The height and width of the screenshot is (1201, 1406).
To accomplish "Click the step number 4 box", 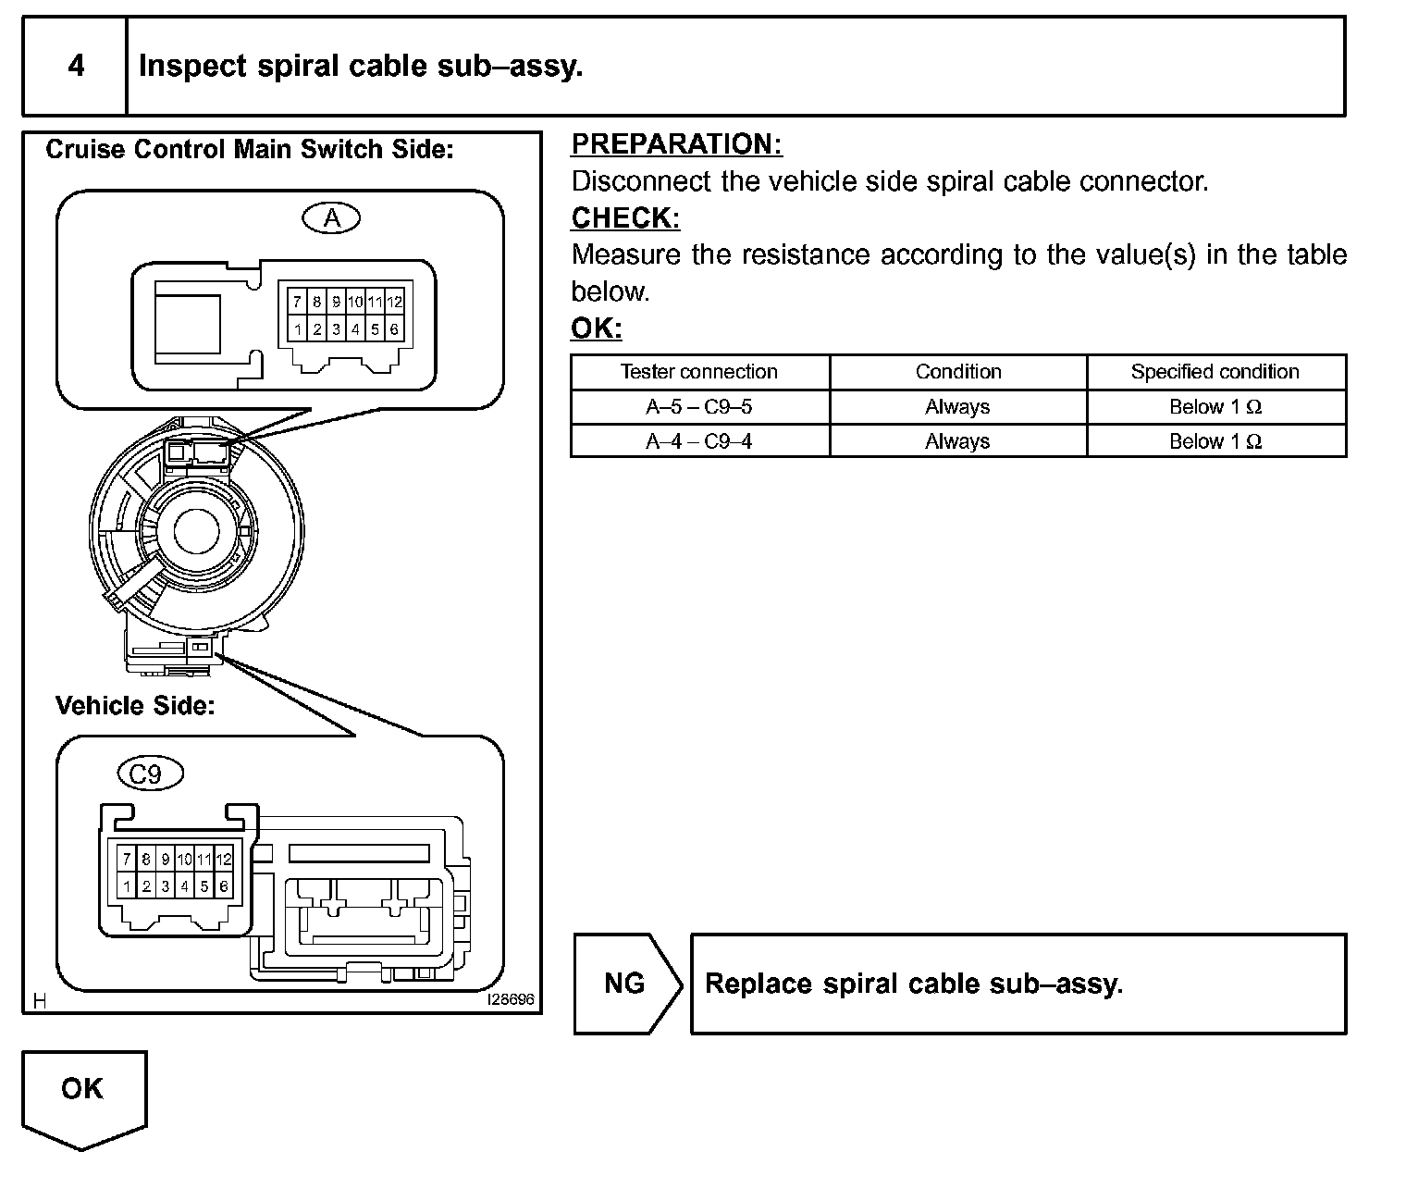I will [76, 66].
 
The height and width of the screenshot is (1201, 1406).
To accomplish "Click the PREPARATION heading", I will [676, 144].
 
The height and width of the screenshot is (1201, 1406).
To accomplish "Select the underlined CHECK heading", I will [625, 218].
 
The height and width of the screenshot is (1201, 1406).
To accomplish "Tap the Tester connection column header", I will [699, 372].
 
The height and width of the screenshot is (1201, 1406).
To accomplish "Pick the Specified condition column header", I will [1215, 372].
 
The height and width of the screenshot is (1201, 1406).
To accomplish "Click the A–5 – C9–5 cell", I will [699, 407].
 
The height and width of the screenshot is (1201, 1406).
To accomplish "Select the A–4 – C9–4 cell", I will [699, 441].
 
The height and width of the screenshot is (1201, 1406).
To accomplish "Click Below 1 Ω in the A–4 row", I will [1215, 441].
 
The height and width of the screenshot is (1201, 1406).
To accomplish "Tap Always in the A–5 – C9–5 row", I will [957, 407].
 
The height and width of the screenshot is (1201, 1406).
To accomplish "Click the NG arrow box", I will [625, 983].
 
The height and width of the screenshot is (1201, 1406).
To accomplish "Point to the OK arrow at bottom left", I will [82, 1096].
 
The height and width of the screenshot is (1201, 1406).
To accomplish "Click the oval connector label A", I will [331, 218].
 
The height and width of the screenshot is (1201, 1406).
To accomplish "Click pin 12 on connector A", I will [395, 302].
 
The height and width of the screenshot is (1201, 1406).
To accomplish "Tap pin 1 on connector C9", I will [127, 885].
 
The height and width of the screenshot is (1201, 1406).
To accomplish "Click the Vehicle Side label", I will [135, 706].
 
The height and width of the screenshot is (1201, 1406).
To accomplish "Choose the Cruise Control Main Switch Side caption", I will [250, 150].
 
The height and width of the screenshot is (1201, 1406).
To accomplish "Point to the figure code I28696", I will [511, 1000].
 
